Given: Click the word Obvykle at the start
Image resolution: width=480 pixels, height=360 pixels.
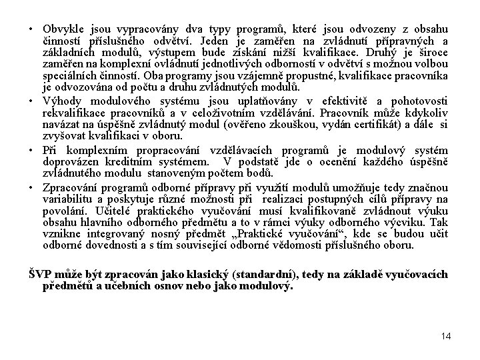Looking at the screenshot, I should click(x=61, y=31).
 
